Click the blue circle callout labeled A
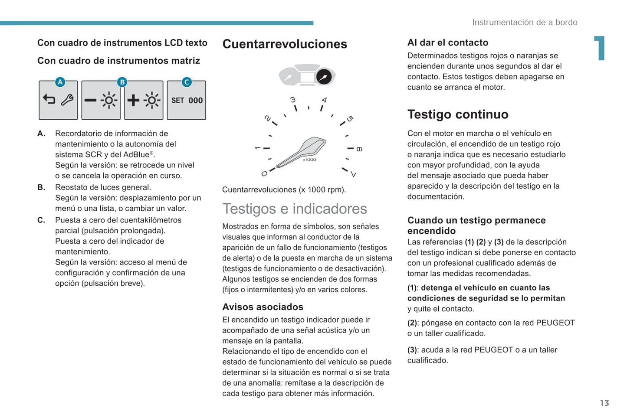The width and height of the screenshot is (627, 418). tap(60, 82)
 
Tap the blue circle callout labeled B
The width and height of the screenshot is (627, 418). tap(122, 82)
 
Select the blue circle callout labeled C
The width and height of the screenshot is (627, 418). tap(187, 82)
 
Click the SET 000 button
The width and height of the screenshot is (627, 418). tap(187, 100)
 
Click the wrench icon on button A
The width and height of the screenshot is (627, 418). tap(67, 100)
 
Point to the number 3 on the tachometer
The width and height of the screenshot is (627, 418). tap(293, 100)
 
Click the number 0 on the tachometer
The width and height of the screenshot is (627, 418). tap(264, 173)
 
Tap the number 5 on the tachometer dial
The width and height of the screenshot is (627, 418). tap(350, 119)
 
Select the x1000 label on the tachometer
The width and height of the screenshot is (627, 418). tap(310, 160)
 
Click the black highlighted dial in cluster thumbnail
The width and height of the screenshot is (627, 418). tap(324, 77)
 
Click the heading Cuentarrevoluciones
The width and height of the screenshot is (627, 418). tap(285, 44)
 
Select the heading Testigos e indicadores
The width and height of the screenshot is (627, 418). tap(295, 209)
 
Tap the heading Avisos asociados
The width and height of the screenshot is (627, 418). tap(263, 307)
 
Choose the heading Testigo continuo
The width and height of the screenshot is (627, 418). tap(458, 114)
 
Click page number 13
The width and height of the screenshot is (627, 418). tap(604, 403)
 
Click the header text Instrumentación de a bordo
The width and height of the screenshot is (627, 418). tap(525, 23)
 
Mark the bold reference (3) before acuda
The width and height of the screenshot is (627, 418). tap(412, 350)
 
